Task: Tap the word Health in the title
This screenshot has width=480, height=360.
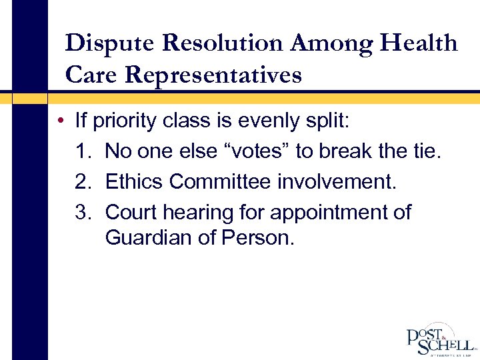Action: tap(419, 43)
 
